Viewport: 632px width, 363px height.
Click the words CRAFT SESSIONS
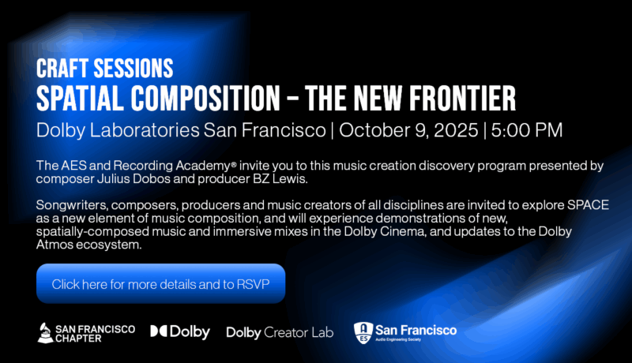pyautogui.click(x=104, y=68)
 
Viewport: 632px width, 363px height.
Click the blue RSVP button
pyautogui.click(x=160, y=283)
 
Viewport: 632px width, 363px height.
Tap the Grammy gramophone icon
pyautogui.click(x=46, y=333)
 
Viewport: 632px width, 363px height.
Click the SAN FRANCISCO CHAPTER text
pyautogui.click(x=95, y=333)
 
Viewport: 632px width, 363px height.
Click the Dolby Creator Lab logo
pyautogui.click(x=280, y=333)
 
